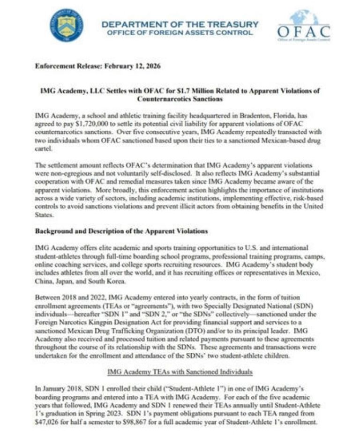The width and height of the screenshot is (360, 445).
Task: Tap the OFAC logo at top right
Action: [x=303, y=27]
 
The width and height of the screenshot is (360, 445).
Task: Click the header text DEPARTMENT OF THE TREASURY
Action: [x=180, y=23]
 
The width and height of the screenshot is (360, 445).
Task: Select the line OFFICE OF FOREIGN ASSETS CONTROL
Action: [x=180, y=33]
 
